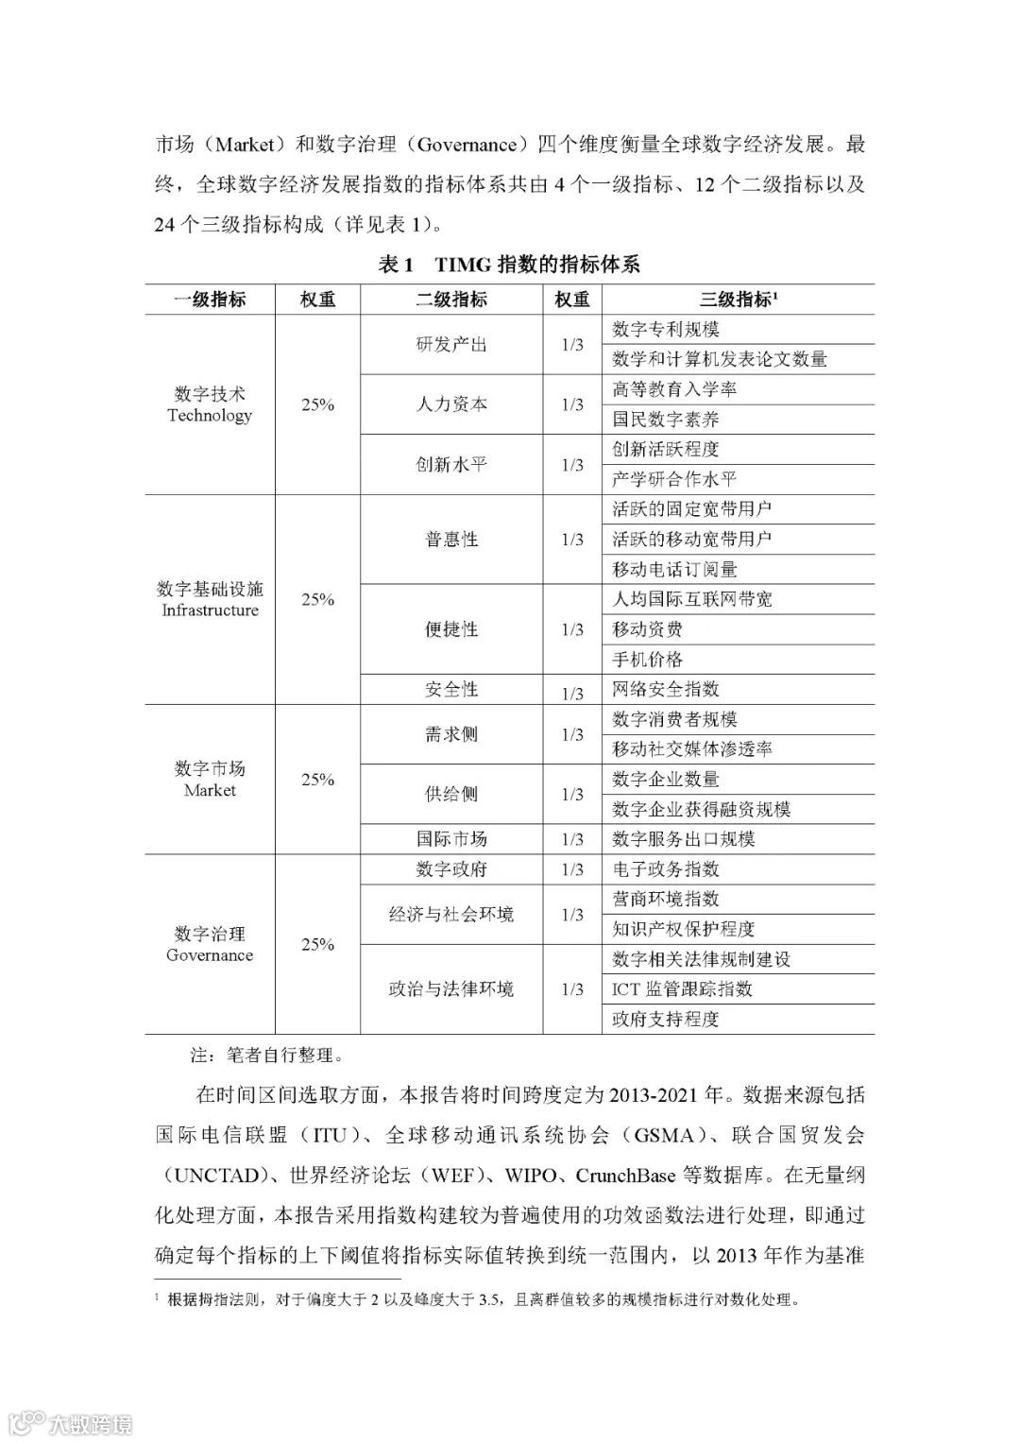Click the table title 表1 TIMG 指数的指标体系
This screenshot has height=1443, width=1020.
[x=509, y=265]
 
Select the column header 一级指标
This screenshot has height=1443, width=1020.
[x=210, y=300]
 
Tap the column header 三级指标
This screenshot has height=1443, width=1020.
[x=738, y=300]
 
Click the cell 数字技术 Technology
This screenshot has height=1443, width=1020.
[x=210, y=404]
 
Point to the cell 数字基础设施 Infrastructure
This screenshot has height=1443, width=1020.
[x=210, y=599]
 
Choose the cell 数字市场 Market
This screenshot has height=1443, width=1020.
[x=210, y=780]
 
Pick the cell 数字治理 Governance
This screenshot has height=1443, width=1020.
[x=210, y=944]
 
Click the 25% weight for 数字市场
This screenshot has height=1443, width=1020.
[x=317, y=780]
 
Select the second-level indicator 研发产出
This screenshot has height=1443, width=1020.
[x=451, y=345]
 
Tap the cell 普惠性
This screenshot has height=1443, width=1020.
[x=451, y=540]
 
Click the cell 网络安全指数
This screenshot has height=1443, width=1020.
[x=666, y=689]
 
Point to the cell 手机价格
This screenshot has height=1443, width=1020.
[x=647, y=660]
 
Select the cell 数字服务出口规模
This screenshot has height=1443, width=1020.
[x=683, y=839]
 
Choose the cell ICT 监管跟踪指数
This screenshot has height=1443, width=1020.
[x=682, y=989]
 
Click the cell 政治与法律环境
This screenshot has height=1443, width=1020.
[x=451, y=989]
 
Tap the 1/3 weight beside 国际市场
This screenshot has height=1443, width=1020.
[x=572, y=839]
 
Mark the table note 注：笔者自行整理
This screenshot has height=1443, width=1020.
[x=266, y=1055]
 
